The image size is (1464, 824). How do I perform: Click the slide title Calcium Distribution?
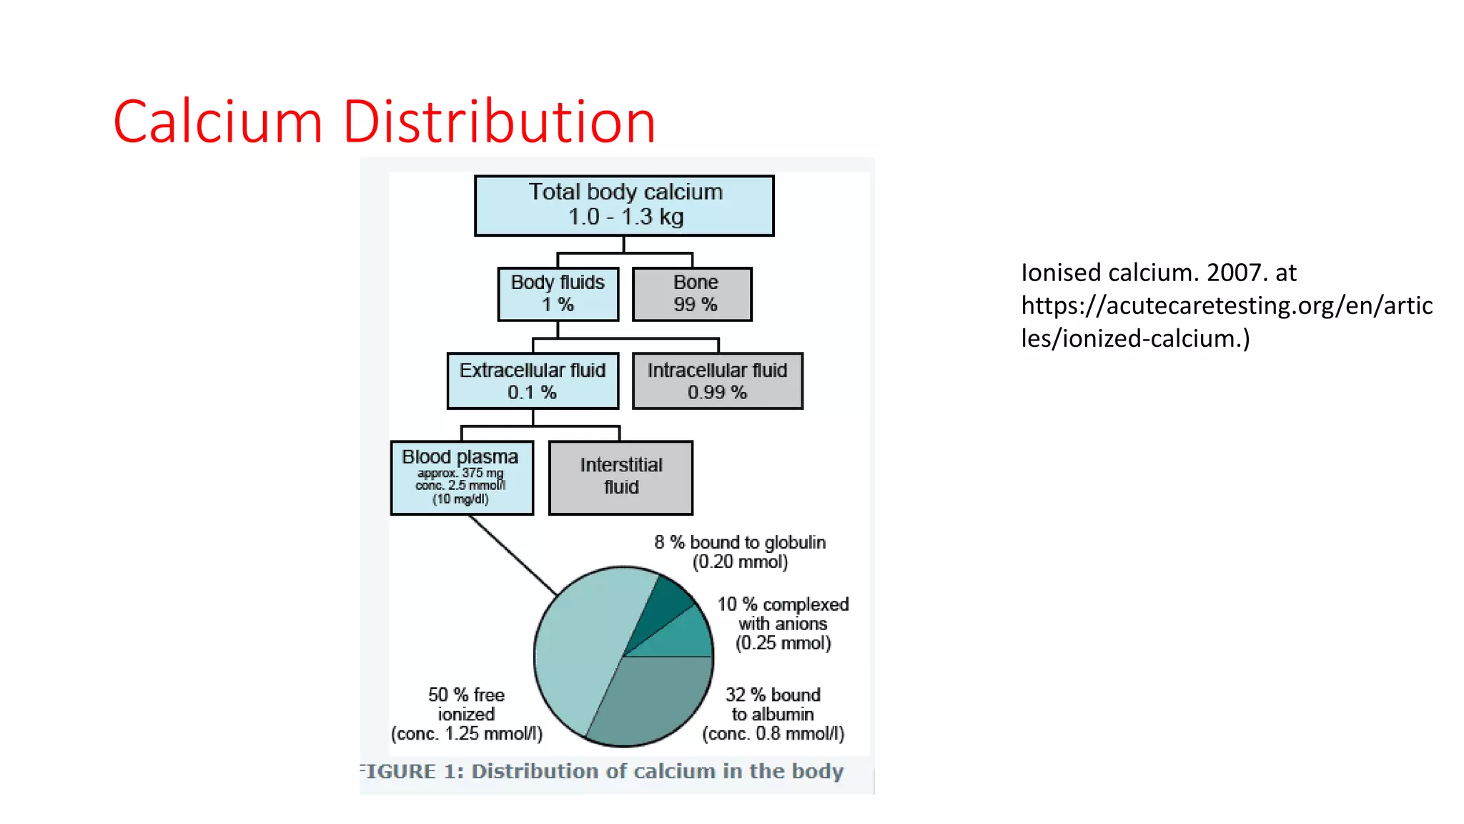coord(384,122)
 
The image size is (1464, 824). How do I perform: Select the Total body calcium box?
coord(624,205)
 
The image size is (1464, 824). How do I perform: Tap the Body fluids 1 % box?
coord(558,294)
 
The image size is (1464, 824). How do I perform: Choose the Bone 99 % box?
coord(692,294)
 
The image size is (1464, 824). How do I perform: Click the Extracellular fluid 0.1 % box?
coord(533,381)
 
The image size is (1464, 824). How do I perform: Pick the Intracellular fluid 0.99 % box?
coord(717,381)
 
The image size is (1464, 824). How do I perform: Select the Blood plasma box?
coord(462,477)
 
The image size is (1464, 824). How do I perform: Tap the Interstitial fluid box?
coord(620,477)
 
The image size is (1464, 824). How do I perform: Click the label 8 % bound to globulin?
coord(740,551)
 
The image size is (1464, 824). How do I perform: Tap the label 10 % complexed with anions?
coord(783,623)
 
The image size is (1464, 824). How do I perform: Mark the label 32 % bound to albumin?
coord(773,714)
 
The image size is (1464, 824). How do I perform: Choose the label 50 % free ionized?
coord(466,714)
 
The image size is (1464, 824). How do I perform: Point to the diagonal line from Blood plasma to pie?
coord(512,554)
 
